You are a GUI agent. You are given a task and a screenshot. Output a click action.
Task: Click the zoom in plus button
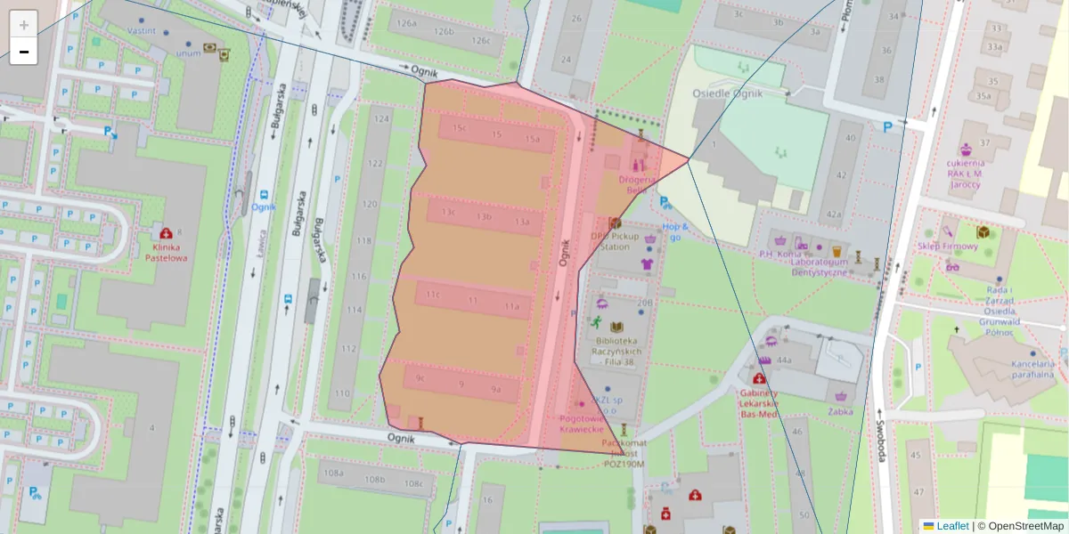point(24,25)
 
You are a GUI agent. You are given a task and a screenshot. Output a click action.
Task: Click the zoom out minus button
point(24,52)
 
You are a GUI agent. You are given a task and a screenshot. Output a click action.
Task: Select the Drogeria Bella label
point(638,184)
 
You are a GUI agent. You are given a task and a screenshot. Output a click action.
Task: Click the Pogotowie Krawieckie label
point(582,424)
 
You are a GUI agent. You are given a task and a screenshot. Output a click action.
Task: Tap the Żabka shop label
point(839,411)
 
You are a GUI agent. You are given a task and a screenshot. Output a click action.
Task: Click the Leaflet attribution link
point(952,526)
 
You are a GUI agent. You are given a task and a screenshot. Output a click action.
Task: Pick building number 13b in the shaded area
point(484,216)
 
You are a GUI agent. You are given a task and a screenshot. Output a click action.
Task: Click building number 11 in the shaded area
point(473,301)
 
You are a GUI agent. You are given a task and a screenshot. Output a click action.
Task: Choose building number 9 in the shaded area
point(461,384)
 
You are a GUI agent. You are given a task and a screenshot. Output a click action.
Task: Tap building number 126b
point(444,32)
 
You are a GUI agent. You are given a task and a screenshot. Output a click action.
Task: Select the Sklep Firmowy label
point(949,246)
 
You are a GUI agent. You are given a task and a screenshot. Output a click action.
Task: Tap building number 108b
point(375,479)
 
